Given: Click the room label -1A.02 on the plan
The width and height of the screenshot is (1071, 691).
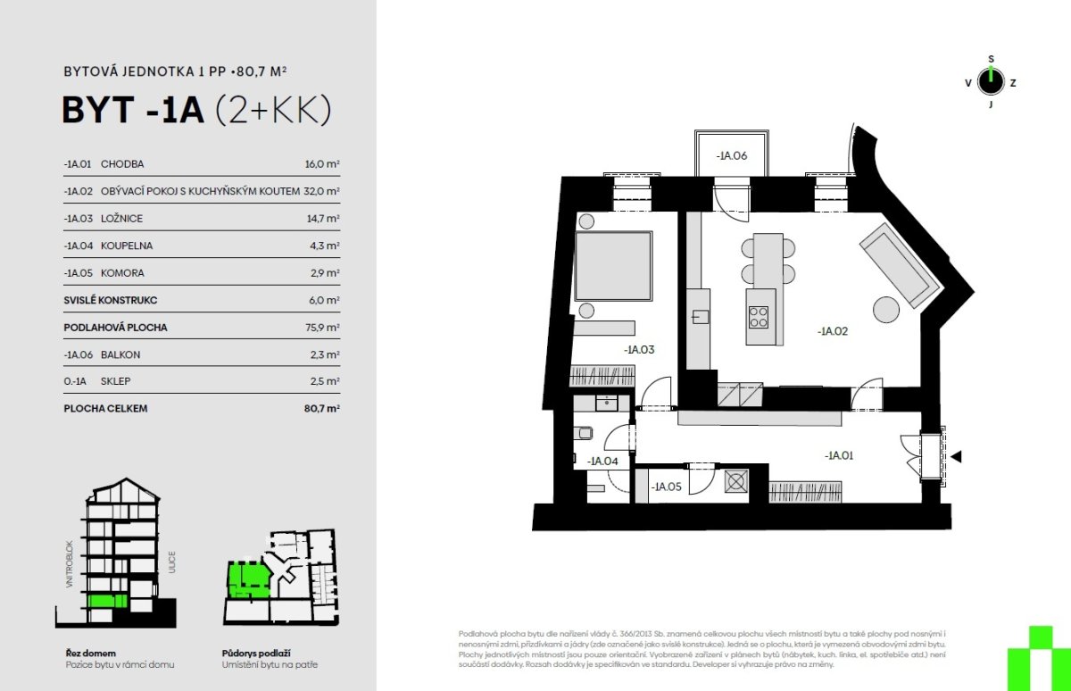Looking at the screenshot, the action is pos(833,331).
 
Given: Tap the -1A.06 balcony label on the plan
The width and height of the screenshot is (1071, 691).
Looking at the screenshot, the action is pos(732,155).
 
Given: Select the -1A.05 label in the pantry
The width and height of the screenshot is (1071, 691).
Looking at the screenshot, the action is pos(666,487).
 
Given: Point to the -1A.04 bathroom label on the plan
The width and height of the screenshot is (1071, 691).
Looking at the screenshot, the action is pos(602,461).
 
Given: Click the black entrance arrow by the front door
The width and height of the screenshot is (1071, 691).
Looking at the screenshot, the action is pos(956,457).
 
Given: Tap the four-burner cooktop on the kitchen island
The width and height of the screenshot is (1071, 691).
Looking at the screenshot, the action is pos(759,317).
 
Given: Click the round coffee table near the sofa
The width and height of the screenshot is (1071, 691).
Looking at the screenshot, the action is pos(886,310).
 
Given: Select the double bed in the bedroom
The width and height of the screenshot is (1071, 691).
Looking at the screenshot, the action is pos(613,266).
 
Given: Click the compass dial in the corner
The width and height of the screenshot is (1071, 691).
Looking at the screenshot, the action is pos(991,82).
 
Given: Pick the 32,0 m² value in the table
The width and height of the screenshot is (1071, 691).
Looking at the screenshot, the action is pos(321,191).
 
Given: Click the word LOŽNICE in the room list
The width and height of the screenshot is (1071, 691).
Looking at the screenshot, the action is pos(121,219).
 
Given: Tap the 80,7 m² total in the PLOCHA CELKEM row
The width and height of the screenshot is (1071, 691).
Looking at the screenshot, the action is pos(322,408).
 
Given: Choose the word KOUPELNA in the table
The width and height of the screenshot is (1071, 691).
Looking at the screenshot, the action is pos(127,246).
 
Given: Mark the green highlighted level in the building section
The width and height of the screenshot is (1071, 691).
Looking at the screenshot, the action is pos(108,601).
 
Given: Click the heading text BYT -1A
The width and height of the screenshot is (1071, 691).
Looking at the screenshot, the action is pos(133,111).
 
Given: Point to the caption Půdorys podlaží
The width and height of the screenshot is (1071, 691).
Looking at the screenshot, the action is pos(256,654).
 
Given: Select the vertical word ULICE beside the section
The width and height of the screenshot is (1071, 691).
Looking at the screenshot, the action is pos(171,562).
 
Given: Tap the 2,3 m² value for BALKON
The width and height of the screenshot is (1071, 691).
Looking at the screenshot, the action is pos(325,354).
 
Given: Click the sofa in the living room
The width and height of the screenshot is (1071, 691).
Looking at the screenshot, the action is pos(901,266).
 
